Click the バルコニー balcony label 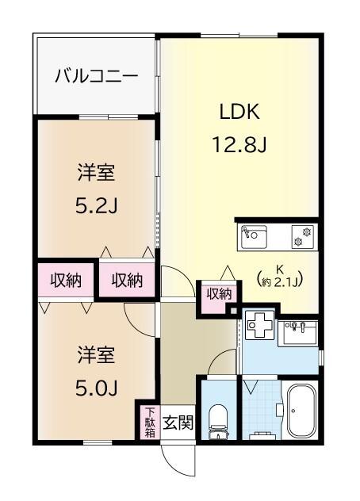pyautogui.click(x=96, y=76)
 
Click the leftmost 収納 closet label pyautogui.click(x=66, y=280)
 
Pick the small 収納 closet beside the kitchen pyautogui.click(x=219, y=293)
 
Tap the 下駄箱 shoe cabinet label pyautogui.click(x=149, y=423)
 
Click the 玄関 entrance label pyautogui.click(x=178, y=423)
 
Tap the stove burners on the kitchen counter pyautogui.click(x=301, y=235)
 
